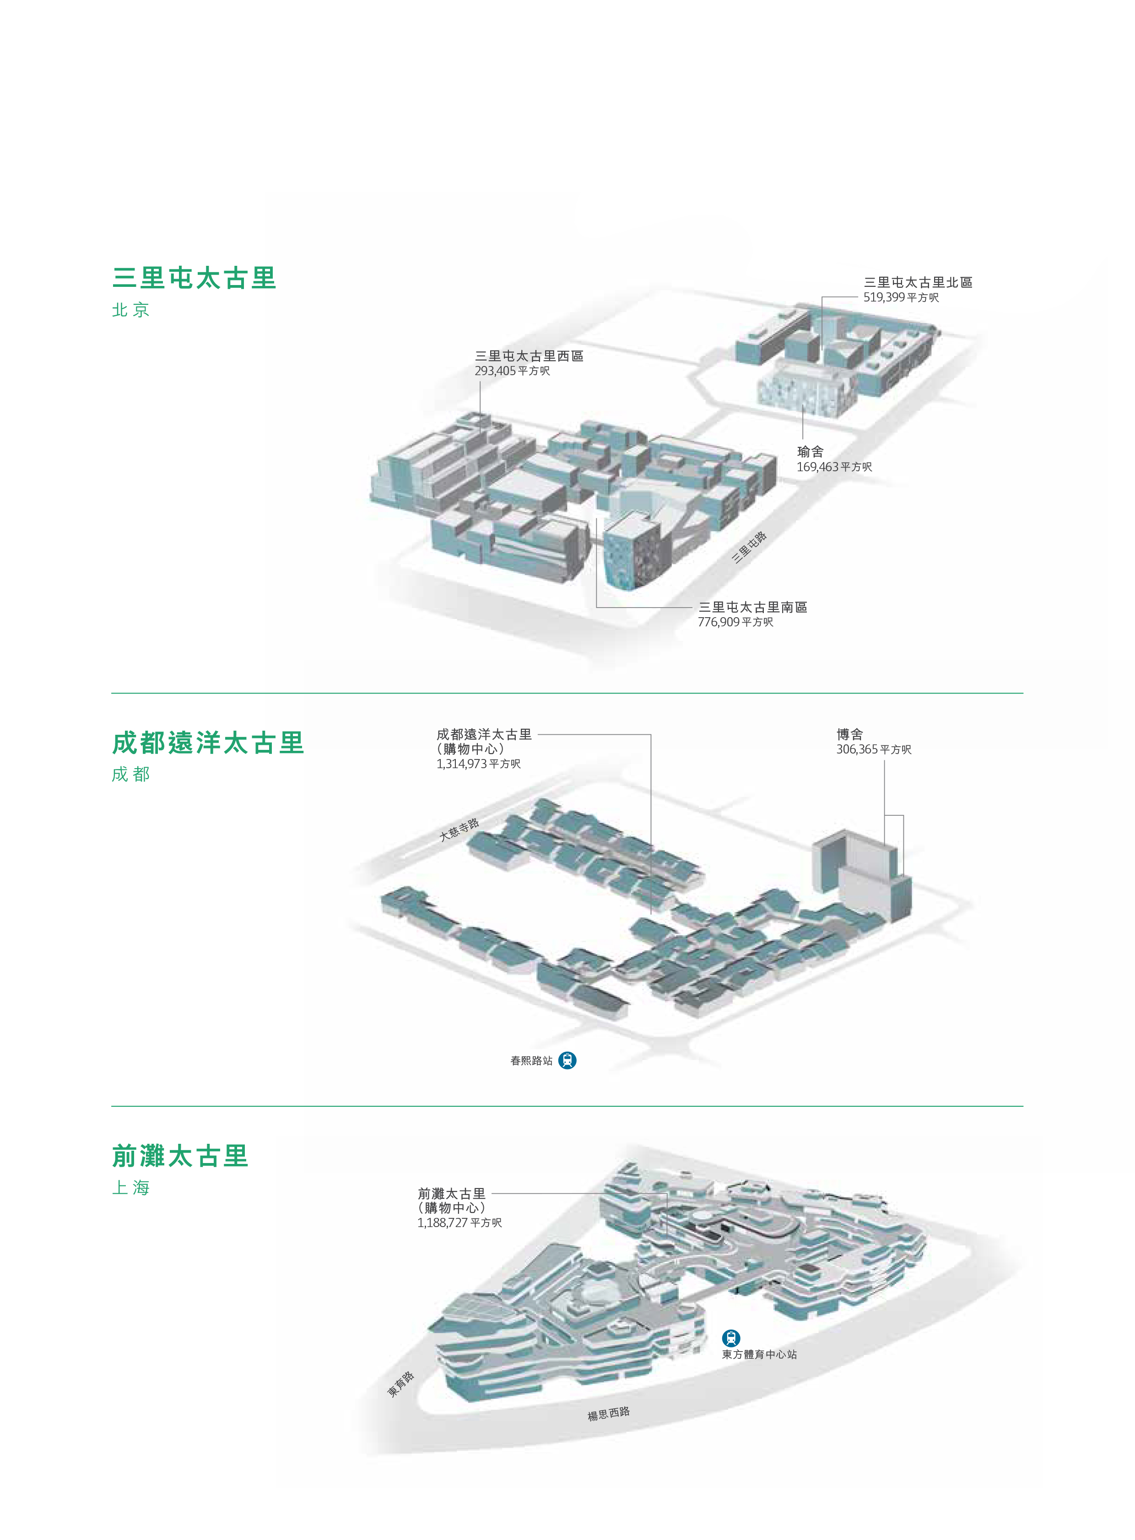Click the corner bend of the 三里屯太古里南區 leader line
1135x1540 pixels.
pyautogui.click(x=596, y=607)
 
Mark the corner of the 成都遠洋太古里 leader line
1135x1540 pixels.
pyautogui.click(x=651, y=735)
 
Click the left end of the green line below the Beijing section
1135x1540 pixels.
pyautogui.click(x=112, y=693)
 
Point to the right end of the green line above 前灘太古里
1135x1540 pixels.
pyautogui.click(x=1022, y=1106)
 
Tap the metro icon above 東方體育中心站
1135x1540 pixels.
pyautogui.click(x=731, y=1338)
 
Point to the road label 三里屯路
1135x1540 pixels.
pyautogui.click(x=749, y=548)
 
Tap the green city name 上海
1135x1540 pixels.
pyautogui.click(x=130, y=1188)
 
